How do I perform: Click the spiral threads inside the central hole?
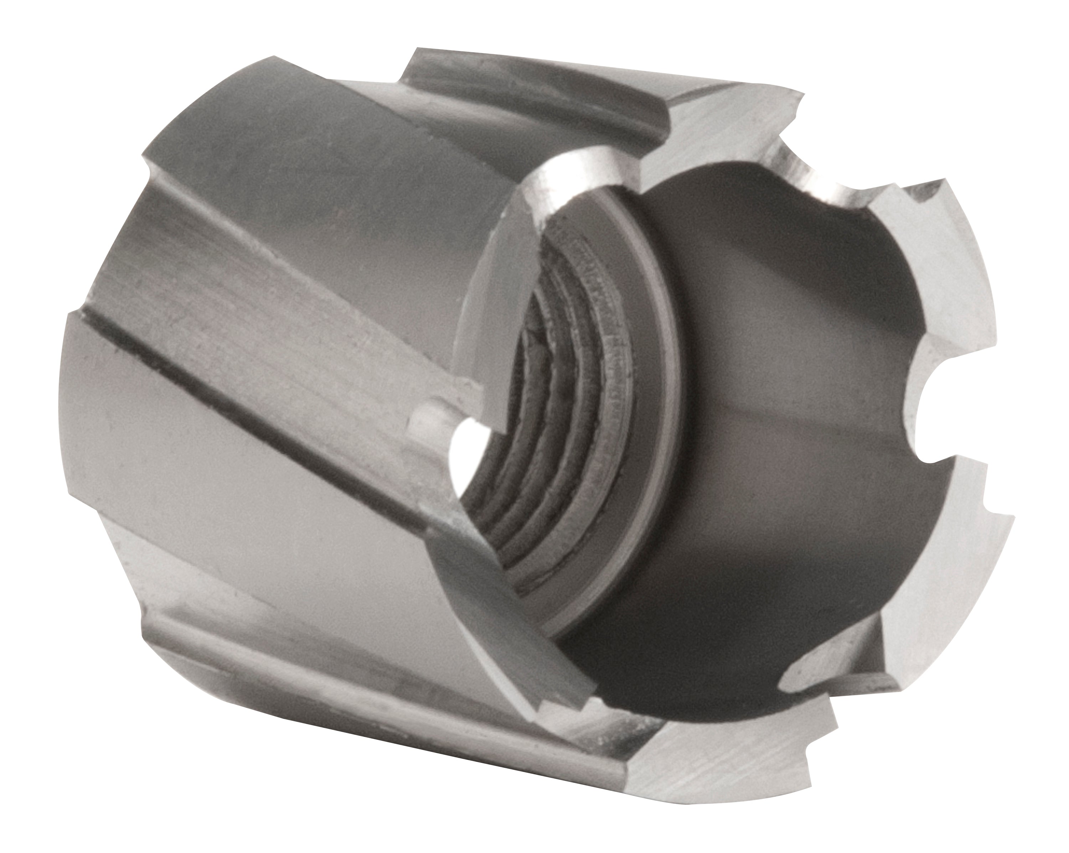[555, 396]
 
